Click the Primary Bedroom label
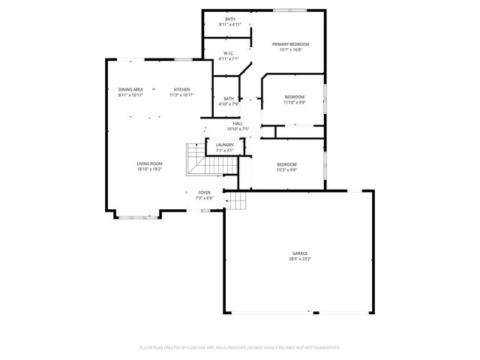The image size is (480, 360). [290, 44]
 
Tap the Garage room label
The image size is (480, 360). [300, 253]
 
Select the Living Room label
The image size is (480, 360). [149, 163]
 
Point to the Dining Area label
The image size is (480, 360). [130, 89]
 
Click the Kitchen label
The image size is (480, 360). [181, 89]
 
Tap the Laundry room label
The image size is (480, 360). [225, 145]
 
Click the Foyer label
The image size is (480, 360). [204, 193]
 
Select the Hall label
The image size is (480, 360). [238, 123]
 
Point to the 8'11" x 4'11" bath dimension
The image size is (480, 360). [229, 25]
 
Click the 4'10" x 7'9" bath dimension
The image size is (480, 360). [228, 104]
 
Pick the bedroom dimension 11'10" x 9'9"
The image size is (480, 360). [294, 103]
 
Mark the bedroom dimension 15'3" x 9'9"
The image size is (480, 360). [286, 170]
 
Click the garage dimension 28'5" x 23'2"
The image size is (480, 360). [300, 259]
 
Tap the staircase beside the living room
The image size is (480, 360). [196, 158]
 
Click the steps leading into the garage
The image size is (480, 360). [237, 200]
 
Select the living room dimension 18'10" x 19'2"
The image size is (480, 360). [149, 169]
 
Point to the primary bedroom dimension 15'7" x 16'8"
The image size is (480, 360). [290, 50]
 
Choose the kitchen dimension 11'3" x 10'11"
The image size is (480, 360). [181, 95]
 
